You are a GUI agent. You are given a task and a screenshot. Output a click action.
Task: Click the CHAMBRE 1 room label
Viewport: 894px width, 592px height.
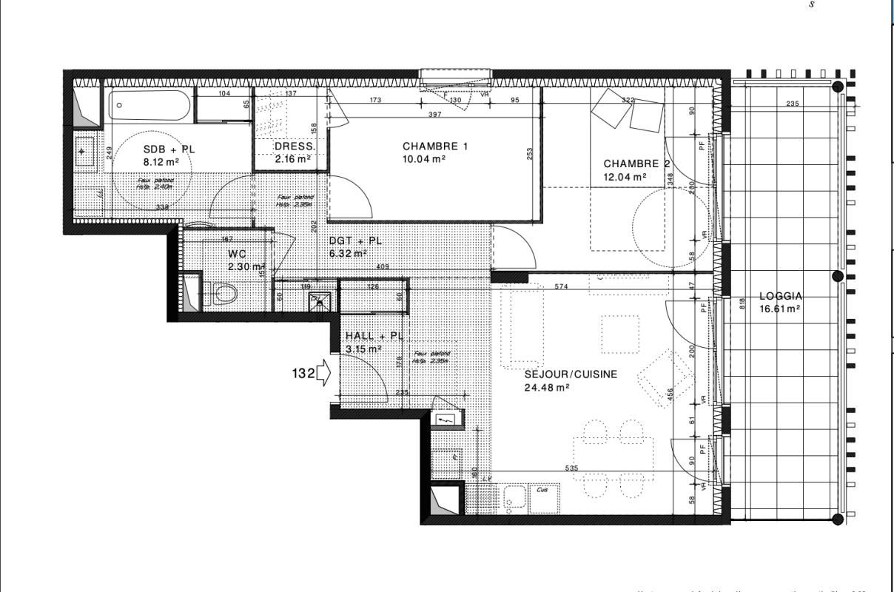[x=435, y=147]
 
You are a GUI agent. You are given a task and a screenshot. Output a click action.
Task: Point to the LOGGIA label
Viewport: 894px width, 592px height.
[x=781, y=297]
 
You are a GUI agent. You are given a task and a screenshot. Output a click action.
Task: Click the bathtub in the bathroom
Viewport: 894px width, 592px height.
[x=151, y=106]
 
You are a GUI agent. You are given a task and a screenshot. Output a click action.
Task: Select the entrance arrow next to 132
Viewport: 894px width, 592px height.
[x=323, y=374]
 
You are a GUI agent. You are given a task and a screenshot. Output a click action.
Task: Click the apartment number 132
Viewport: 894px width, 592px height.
[x=303, y=374]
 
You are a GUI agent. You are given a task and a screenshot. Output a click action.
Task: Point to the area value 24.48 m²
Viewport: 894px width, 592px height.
[x=547, y=388]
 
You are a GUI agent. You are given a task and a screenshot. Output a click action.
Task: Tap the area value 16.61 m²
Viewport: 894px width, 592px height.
[x=779, y=309]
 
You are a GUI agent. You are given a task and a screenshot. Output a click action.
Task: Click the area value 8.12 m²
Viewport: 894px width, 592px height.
[x=161, y=161]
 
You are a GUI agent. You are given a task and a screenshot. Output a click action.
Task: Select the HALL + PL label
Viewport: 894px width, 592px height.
[x=374, y=336]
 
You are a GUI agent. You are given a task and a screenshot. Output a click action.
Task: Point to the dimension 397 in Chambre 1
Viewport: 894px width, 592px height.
[x=434, y=114]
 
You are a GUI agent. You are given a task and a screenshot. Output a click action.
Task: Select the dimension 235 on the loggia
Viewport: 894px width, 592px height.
[x=792, y=104]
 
